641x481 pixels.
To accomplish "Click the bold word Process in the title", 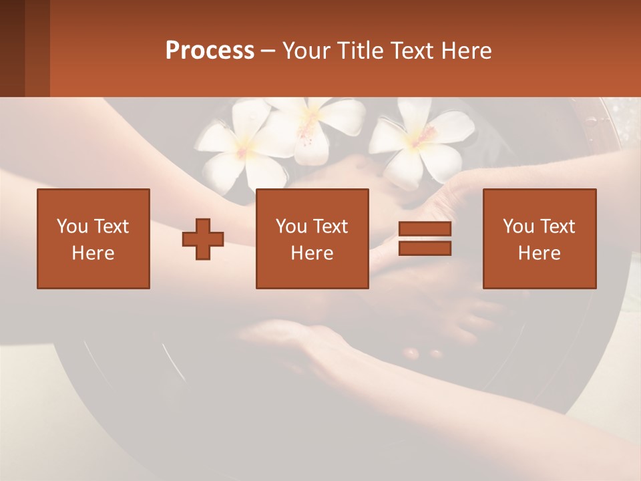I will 210,51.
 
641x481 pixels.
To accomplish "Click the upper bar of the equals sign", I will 425,229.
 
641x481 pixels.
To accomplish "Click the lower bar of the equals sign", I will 425,249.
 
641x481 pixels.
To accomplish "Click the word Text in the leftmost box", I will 112,226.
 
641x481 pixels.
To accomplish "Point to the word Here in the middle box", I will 312,253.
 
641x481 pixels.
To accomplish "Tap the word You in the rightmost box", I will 519,226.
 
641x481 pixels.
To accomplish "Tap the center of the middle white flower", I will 309,122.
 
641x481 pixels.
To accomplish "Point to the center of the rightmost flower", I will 419,139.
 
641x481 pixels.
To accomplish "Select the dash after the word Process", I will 268,51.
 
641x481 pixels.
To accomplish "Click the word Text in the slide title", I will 410,51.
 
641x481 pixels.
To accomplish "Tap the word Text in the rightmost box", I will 558,226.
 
